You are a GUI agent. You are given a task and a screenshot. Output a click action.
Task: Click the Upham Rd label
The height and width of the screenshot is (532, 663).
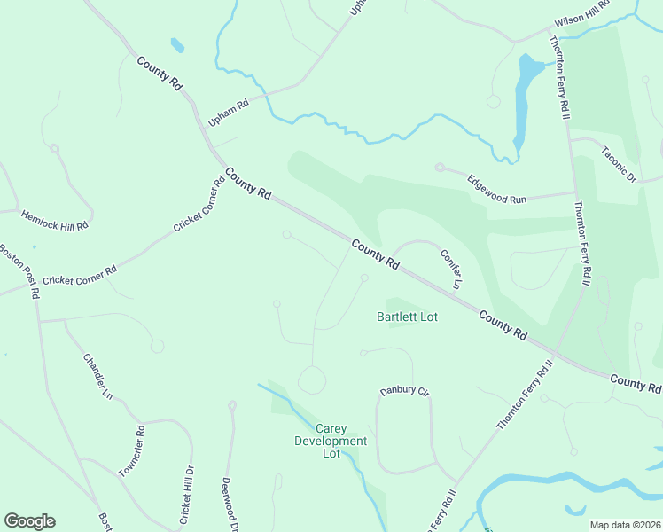point(228,110)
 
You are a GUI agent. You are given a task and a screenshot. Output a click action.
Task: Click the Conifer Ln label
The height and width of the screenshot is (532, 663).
point(451,269)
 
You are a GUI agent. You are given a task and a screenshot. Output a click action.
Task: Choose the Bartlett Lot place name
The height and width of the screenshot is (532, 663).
point(408,316)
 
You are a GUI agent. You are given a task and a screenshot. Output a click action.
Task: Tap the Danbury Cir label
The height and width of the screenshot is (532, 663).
point(404,391)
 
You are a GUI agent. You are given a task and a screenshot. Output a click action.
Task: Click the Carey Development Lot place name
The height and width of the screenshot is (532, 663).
point(330,441)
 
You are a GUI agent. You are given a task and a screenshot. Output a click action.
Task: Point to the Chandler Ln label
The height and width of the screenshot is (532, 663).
point(98,375)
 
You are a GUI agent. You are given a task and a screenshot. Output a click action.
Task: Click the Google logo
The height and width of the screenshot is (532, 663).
point(29,521)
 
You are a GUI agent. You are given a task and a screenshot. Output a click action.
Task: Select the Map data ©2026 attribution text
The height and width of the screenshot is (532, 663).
point(626,525)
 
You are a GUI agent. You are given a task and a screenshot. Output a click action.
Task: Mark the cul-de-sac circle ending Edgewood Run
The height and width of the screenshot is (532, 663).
point(440,167)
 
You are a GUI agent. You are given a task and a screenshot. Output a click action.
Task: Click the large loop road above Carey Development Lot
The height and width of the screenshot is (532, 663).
point(311,380)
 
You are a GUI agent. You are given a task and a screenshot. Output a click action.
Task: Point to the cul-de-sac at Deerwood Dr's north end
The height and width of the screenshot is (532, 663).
point(232,406)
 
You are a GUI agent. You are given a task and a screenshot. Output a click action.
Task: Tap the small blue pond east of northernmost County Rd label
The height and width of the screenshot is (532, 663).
point(177,43)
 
